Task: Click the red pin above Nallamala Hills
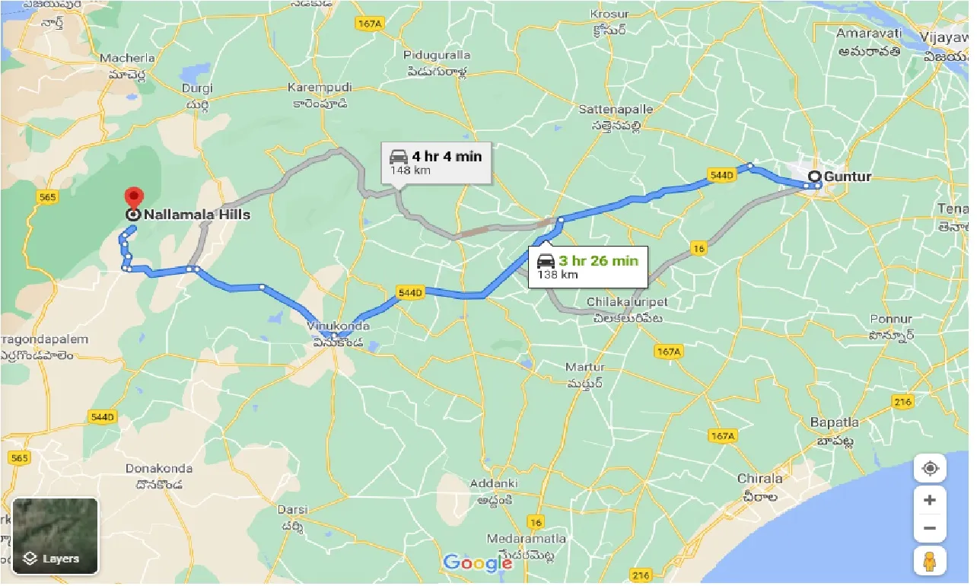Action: [x=134, y=198]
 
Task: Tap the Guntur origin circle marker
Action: [x=814, y=177]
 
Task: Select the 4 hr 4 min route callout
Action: [x=436, y=162]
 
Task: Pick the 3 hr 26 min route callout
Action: [x=587, y=266]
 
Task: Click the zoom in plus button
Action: [x=929, y=501]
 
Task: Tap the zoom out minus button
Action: [x=929, y=528]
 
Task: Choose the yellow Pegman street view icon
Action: [x=929, y=561]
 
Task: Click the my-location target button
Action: [x=929, y=468]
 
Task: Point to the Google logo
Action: [x=478, y=563]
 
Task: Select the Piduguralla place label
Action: [x=437, y=56]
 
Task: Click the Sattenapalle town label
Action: [x=616, y=110]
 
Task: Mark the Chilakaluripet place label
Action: [x=627, y=302]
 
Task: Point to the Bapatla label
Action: [x=835, y=422]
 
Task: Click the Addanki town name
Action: [x=493, y=484]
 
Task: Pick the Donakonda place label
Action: [x=158, y=469]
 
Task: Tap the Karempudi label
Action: [x=317, y=88]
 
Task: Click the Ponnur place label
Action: [x=890, y=319]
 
